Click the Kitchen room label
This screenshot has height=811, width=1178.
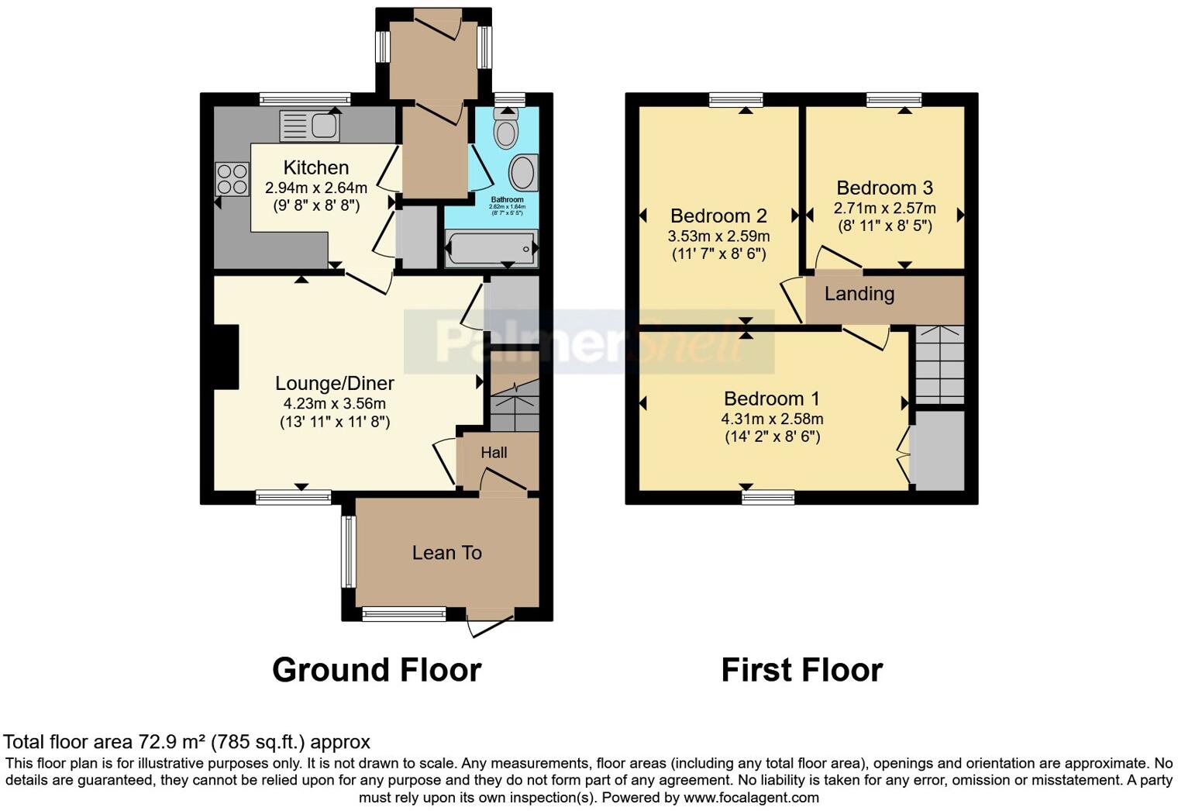[315, 167]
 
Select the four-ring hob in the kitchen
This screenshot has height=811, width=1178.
[231, 179]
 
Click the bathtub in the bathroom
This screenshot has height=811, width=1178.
[491, 249]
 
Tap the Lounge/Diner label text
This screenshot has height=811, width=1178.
[335, 383]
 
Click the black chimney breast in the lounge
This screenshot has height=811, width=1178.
[226, 357]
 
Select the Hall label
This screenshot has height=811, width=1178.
[494, 452]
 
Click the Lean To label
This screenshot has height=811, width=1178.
[447, 553]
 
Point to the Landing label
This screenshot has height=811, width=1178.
[859, 294]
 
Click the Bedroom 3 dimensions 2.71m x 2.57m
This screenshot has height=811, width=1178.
[884, 208]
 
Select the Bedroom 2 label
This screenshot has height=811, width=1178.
[718, 216]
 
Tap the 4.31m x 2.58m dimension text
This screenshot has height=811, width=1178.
[772, 419]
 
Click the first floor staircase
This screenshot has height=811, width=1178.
[939, 364]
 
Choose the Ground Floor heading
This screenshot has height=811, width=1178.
[377, 670]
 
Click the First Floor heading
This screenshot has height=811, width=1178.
[801, 670]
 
